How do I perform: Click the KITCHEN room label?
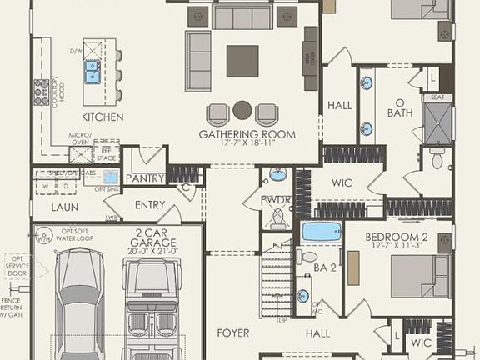click(x=102, y=117)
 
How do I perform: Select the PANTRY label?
click(x=145, y=177)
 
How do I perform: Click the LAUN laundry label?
click(x=65, y=207)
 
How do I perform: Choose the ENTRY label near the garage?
click(x=150, y=205)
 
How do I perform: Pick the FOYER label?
click(x=233, y=332)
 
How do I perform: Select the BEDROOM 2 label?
click(x=397, y=237)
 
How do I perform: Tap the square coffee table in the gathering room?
click(x=242, y=61)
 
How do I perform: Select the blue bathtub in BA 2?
click(x=322, y=232)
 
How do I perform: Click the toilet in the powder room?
click(x=277, y=218)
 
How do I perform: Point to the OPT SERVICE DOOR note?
click(x=16, y=266)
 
